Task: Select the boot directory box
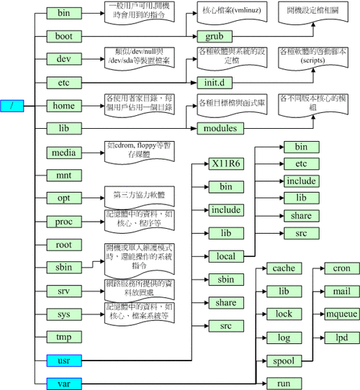pyautogui.click(x=64, y=35)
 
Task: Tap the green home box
pyautogui.click(x=64, y=105)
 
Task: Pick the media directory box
pyautogui.click(x=64, y=152)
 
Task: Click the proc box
pyautogui.click(x=64, y=221)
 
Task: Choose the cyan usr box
pyautogui.click(x=64, y=359)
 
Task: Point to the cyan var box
pyautogui.click(x=64, y=382)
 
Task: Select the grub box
pyautogui.click(x=215, y=35)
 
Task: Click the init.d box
pyautogui.click(x=215, y=82)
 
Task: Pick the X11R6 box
pyautogui.click(x=225, y=163)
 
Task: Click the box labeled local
pyautogui.click(x=225, y=255)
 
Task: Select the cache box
pyautogui.click(x=283, y=268)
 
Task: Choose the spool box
pyautogui.click(x=283, y=359)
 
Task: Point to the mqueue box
pyautogui.click(x=337, y=314)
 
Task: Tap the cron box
pyautogui.click(x=337, y=268)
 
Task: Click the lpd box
pyautogui.click(x=337, y=336)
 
